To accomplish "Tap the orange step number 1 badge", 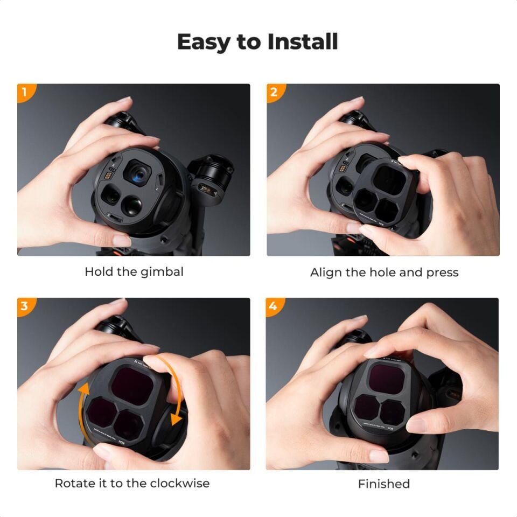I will [24, 92].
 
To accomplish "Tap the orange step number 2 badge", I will [274, 92].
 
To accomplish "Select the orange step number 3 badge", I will [24, 306].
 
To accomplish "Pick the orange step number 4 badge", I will [274, 306].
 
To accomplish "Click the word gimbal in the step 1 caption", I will [162, 272].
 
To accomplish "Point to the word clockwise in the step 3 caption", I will [179, 483].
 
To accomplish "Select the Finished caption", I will [384, 484].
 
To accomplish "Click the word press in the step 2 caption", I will [442, 273].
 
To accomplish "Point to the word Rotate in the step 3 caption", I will [74, 483].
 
